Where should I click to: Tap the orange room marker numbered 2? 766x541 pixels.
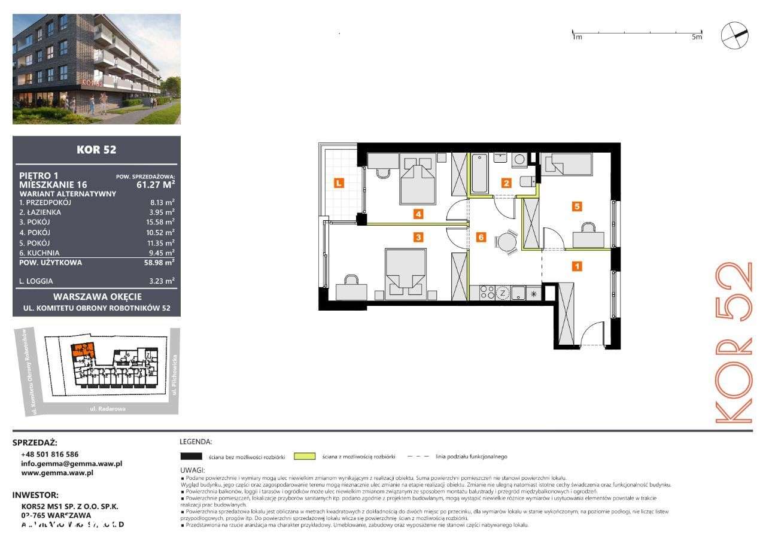506,183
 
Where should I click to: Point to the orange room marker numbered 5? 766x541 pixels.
577,206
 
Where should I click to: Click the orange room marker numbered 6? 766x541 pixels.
481,237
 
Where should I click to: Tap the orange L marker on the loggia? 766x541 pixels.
339,183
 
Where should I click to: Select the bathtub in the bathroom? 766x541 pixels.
480,174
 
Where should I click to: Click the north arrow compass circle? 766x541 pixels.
734,35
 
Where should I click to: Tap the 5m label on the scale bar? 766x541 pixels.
696,37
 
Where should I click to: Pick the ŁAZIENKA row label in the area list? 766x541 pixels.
39,212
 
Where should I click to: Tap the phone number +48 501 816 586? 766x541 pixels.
50,454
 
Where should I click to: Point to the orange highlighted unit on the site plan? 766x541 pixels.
82,349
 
